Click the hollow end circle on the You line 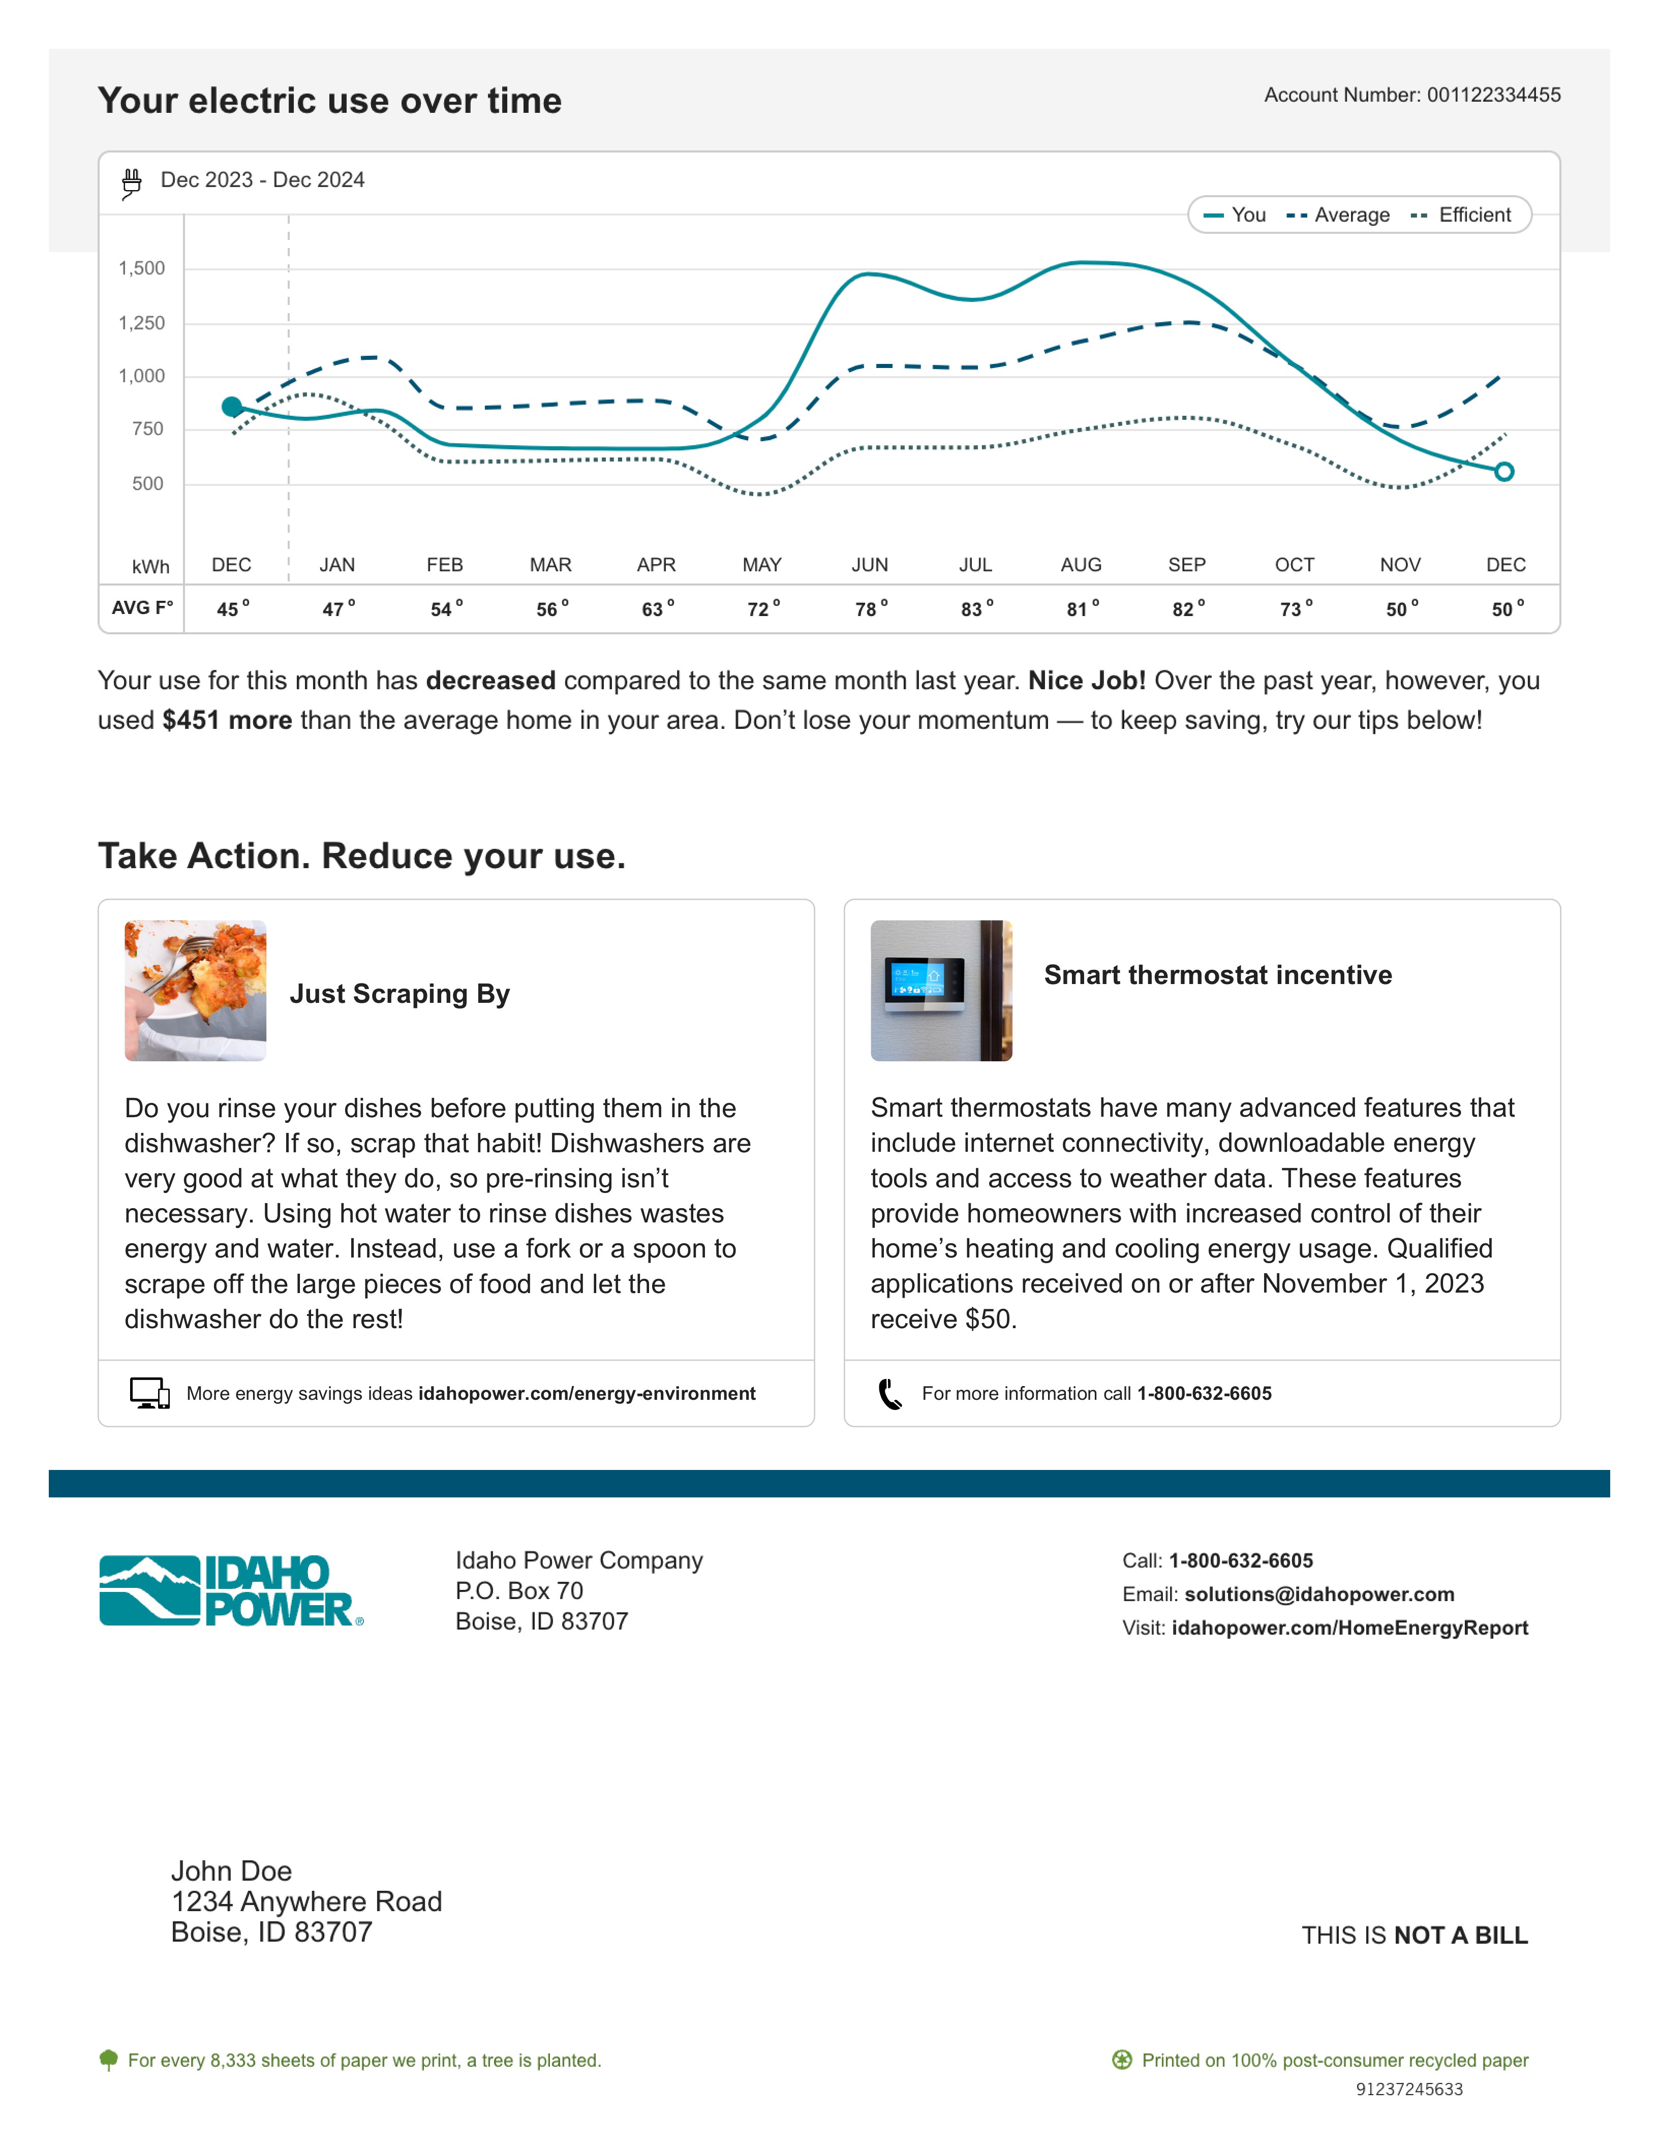(1503, 472)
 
